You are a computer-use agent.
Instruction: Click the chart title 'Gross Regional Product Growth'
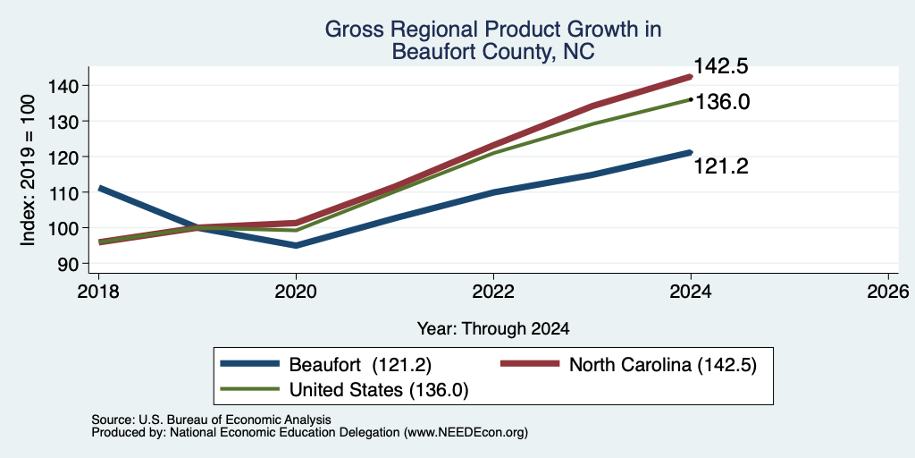(x=493, y=30)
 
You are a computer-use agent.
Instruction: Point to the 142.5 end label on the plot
(x=721, y=66)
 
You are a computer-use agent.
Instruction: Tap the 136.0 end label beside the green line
(x=722, y=102)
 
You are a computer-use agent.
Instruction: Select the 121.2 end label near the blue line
(x=721, y=167)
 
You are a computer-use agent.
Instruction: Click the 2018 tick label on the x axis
(x=98, y=291)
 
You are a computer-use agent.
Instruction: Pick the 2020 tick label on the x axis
(x=296, y=291)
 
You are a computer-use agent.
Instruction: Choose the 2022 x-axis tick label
(x=493, y=291)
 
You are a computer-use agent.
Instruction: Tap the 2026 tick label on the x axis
(x=888, y=291)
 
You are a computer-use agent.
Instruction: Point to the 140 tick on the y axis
(x=71, y=86)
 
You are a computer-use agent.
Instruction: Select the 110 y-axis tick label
(x=71, y=192)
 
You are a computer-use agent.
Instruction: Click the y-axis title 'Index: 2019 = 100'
(x=28, y=171)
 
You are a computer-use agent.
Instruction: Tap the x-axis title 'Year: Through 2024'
(x=493, y=329)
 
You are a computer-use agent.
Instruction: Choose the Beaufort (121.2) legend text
(x=360, y=365)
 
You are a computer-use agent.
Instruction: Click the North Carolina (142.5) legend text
(x=662, y=365)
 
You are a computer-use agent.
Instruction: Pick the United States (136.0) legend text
(x=379, y=390)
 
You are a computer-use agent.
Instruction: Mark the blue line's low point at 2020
(x=296, y=245)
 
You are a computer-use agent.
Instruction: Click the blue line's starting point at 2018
(x=100, y=188)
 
